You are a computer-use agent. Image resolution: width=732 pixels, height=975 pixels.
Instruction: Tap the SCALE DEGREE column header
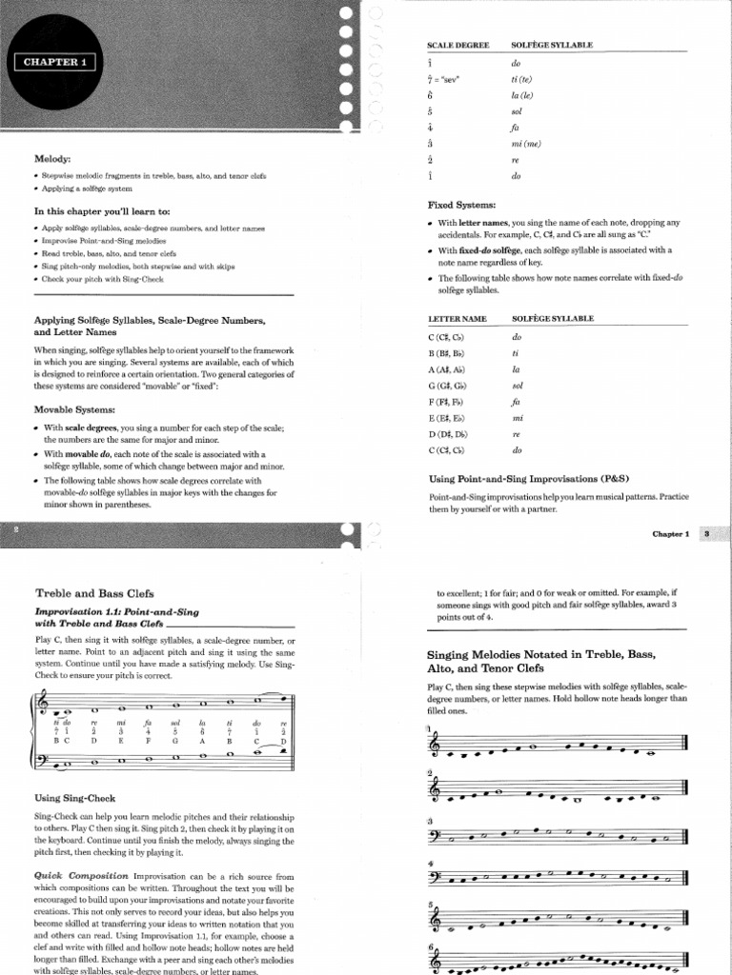[x=457, y=45]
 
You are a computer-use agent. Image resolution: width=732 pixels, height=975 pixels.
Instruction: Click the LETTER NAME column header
[x=457, y=318]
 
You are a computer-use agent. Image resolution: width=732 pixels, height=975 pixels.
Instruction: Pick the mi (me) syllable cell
[x=526, y=144]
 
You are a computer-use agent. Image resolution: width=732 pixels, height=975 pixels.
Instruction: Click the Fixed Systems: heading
[x=461, y=205]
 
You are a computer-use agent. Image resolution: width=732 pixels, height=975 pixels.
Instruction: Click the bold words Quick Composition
[x=81, y=875]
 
